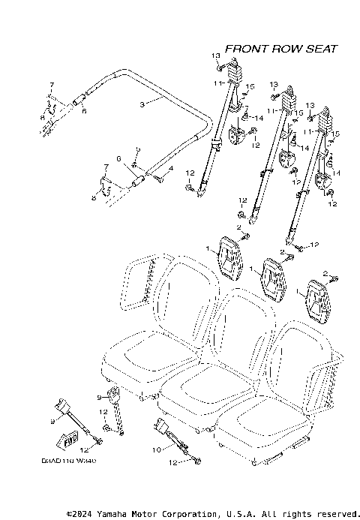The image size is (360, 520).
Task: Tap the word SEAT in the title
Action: pyautogui.click(x=321, y=49)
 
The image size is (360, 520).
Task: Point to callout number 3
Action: pyautogui.click(x=141, y=104)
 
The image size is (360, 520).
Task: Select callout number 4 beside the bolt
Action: pyautogui.click(x=171, y=170)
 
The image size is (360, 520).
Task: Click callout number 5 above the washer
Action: pyautogui.click(x=137, y=150)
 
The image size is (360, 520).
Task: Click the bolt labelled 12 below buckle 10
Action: pyautogui.click(x=196, y=463)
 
